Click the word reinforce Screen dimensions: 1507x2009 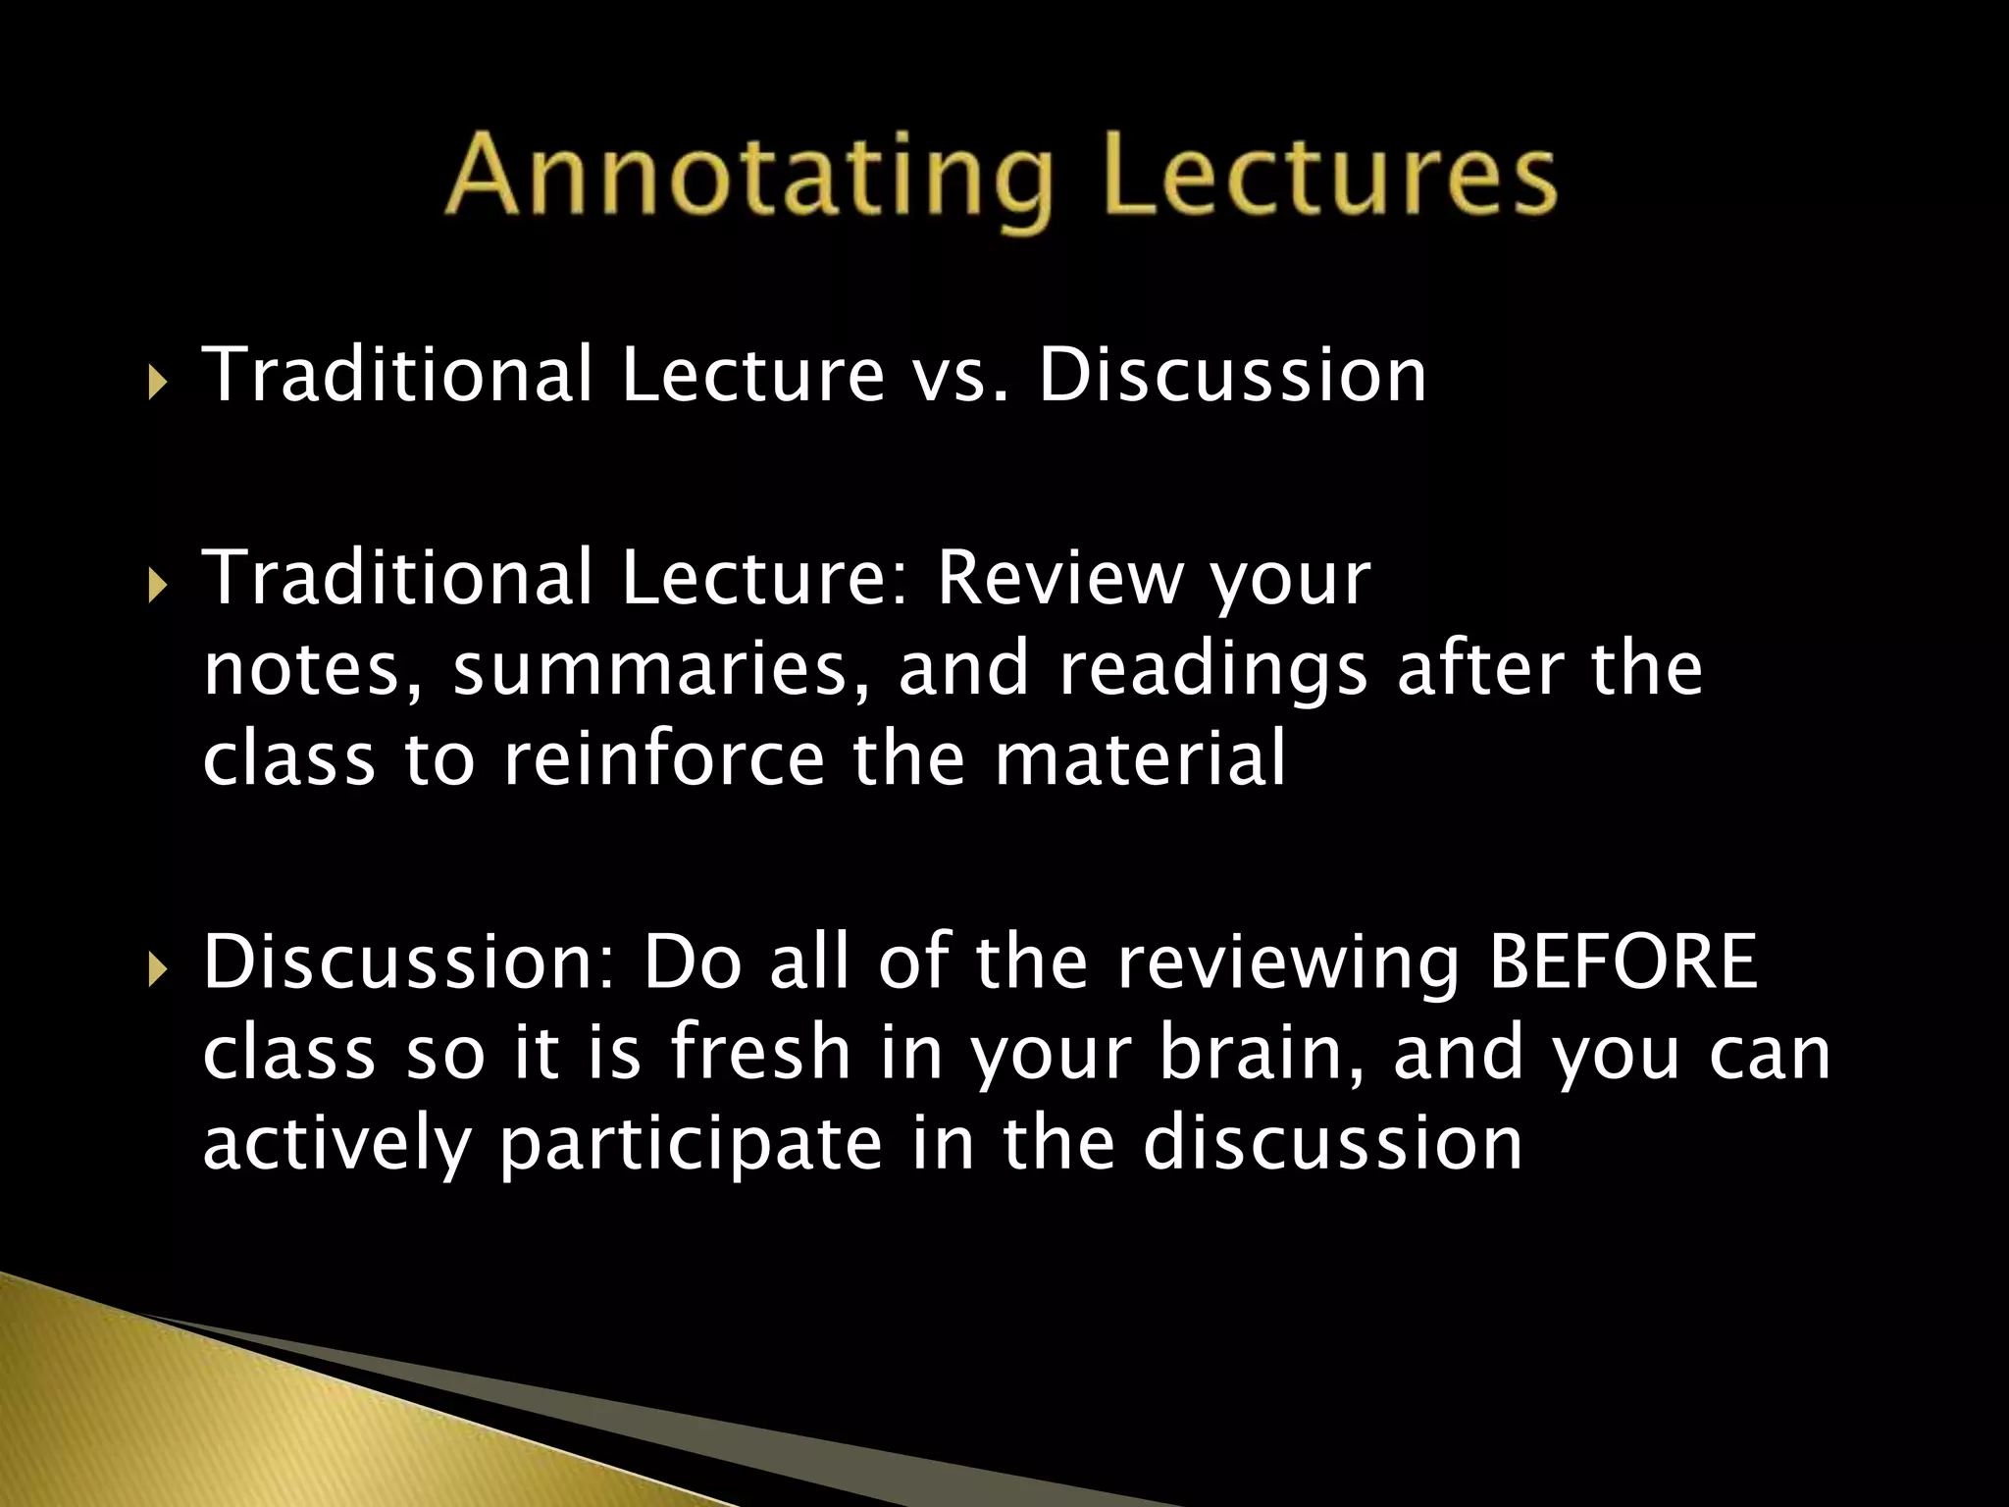[663, 760]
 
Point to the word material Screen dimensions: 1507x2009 [1139, 760]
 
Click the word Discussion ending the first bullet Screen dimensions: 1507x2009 [1232, 377]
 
